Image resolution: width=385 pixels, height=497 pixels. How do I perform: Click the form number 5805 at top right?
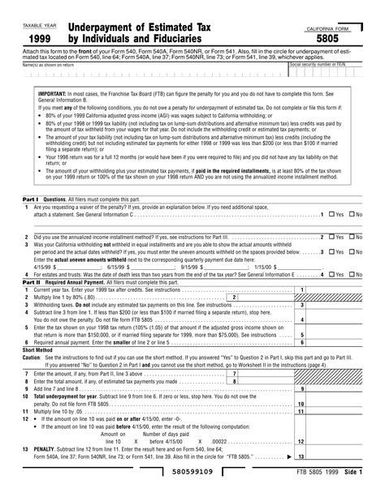pyautogui.click(x=339, y=37)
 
